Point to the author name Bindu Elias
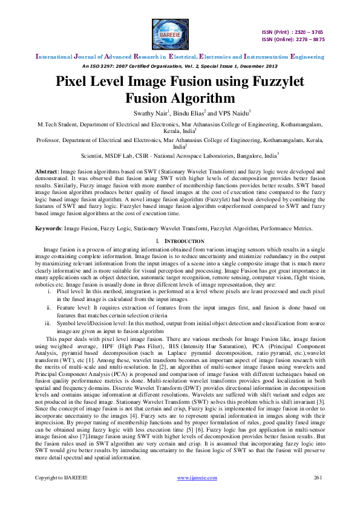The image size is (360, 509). [189, 113]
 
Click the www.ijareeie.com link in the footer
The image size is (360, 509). [197, 494]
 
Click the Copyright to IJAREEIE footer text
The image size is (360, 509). [61, 494]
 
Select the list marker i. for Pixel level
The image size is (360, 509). [50, 275]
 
